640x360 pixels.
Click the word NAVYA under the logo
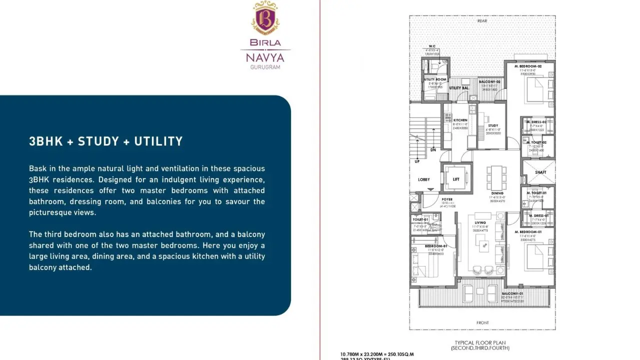pyautogui.click(x=265, y=58)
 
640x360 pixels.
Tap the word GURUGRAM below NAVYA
pyautogui.click(x=265, y=67)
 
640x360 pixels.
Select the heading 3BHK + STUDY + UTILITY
pyautogui.click(x=106, y=141)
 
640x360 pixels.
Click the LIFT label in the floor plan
pyautogui.click(x=456, y=179)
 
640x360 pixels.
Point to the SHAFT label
pyautogui.click(x=540, y=172)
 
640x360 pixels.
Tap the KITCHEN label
pyautogui.click(x=460, y=120)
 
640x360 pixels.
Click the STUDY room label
pyautogui.click(x=493, y=126)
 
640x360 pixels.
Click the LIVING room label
pyautogui.click(x=480, y=223)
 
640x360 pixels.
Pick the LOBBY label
pyautogui.click(x=424, y=179)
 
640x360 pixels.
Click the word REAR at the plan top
pyautogui.click(x=482, y=21)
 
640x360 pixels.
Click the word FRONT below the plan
pyautogui.click(x=482, y=323)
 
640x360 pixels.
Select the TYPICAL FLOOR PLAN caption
pyautogui.click(x=480, y=342)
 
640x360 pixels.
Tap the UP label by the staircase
pyautogui.click(x=417, y=161)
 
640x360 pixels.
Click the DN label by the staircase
pyautogui.click(x=433, y=150)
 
